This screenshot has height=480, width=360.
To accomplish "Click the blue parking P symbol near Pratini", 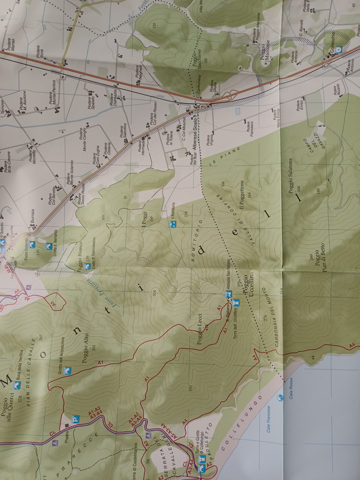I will click(75, 418).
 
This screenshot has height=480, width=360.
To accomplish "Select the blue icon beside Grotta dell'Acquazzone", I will click(67, 371).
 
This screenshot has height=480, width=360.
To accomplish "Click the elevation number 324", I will click(154, 293).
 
